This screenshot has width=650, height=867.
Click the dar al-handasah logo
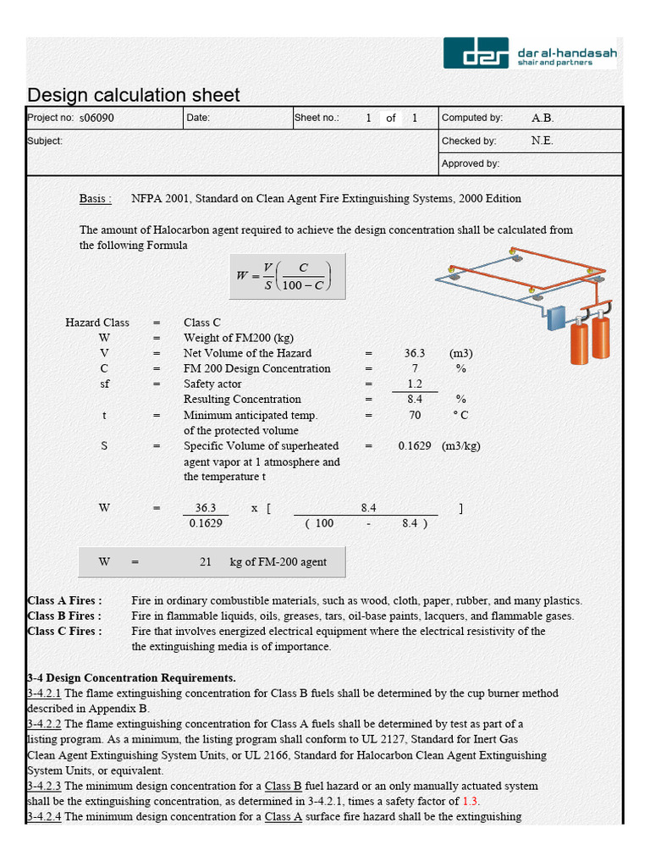click(x=530, y=53)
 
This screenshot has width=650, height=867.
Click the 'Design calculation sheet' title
click(x=134, y=95)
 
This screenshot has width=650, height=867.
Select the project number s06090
click(x=96, y=119)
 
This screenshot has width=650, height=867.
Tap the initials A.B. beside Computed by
click(x=543, y=119)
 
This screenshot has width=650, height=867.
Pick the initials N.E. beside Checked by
click(x=542, y=141)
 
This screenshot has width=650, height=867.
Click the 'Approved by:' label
click(x=470, y=163)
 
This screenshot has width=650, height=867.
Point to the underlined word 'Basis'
click(x=95, y=199)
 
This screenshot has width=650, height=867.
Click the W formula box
click(x=287, y=276)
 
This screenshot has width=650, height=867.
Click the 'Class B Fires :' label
click(x=64, y=616)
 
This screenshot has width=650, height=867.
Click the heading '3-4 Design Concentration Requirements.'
click(x=131, y=678)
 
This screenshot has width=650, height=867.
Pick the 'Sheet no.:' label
click(x=317, y=119)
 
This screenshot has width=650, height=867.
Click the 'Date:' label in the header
click(x=198, y=119)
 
